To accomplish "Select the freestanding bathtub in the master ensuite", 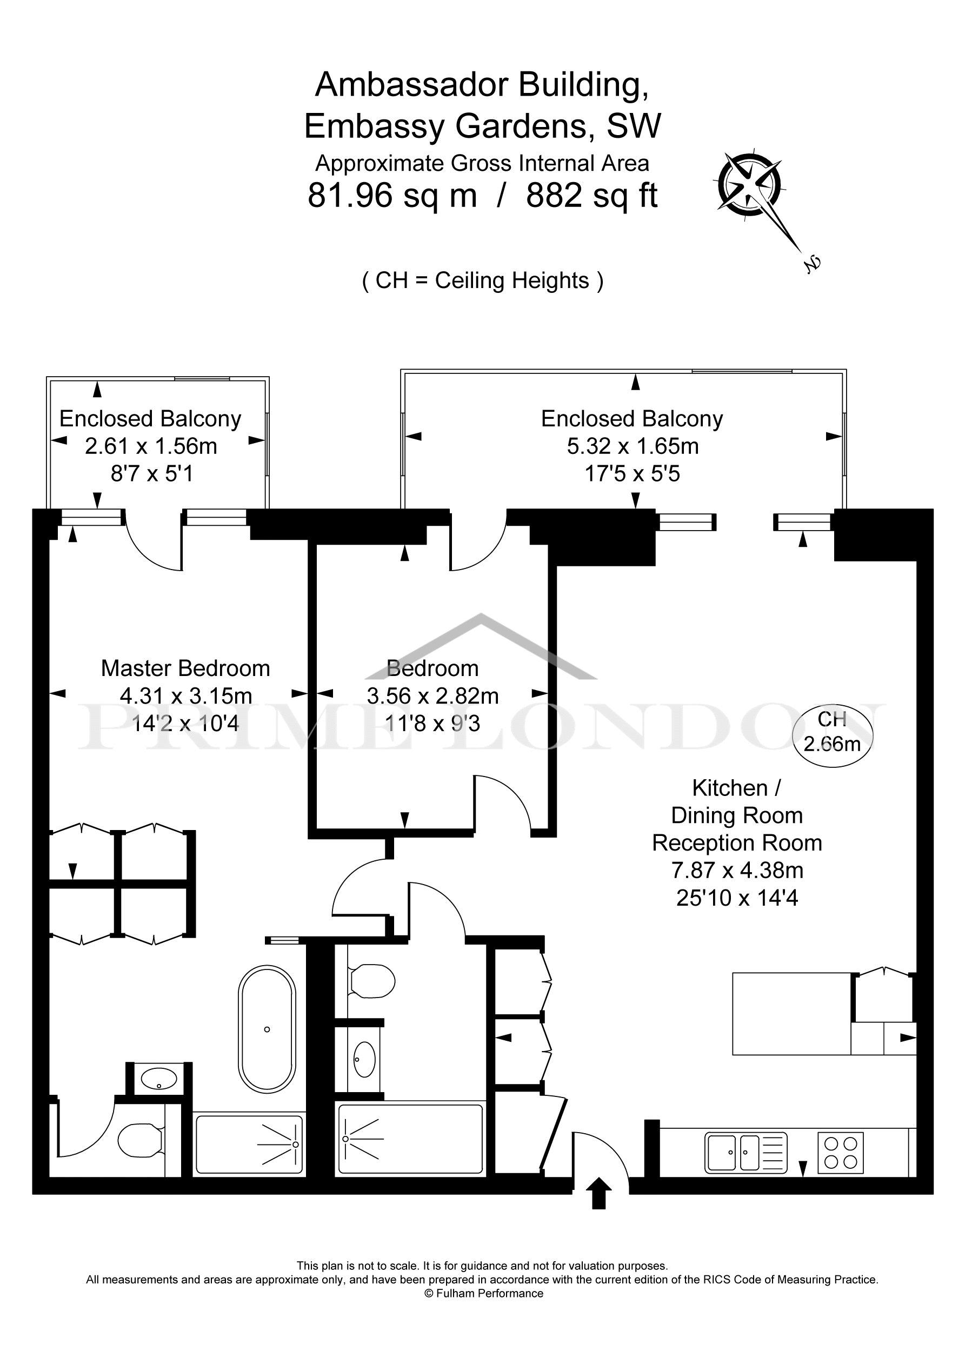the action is click(x=267, y=1029).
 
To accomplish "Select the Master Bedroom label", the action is click(x=185, y=668).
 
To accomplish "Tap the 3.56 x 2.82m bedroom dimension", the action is click(x=432, y=695).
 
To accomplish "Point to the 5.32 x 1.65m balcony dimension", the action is click(x=633, y=446).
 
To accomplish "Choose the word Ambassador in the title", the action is click(x=413, y=85).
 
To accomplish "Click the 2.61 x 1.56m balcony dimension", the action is click(x=151, y=446).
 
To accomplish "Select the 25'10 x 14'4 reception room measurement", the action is click(x=737, y=898).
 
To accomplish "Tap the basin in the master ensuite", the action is click(x=158, y=1078).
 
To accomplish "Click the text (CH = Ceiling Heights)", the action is click(x=482, y=280).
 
